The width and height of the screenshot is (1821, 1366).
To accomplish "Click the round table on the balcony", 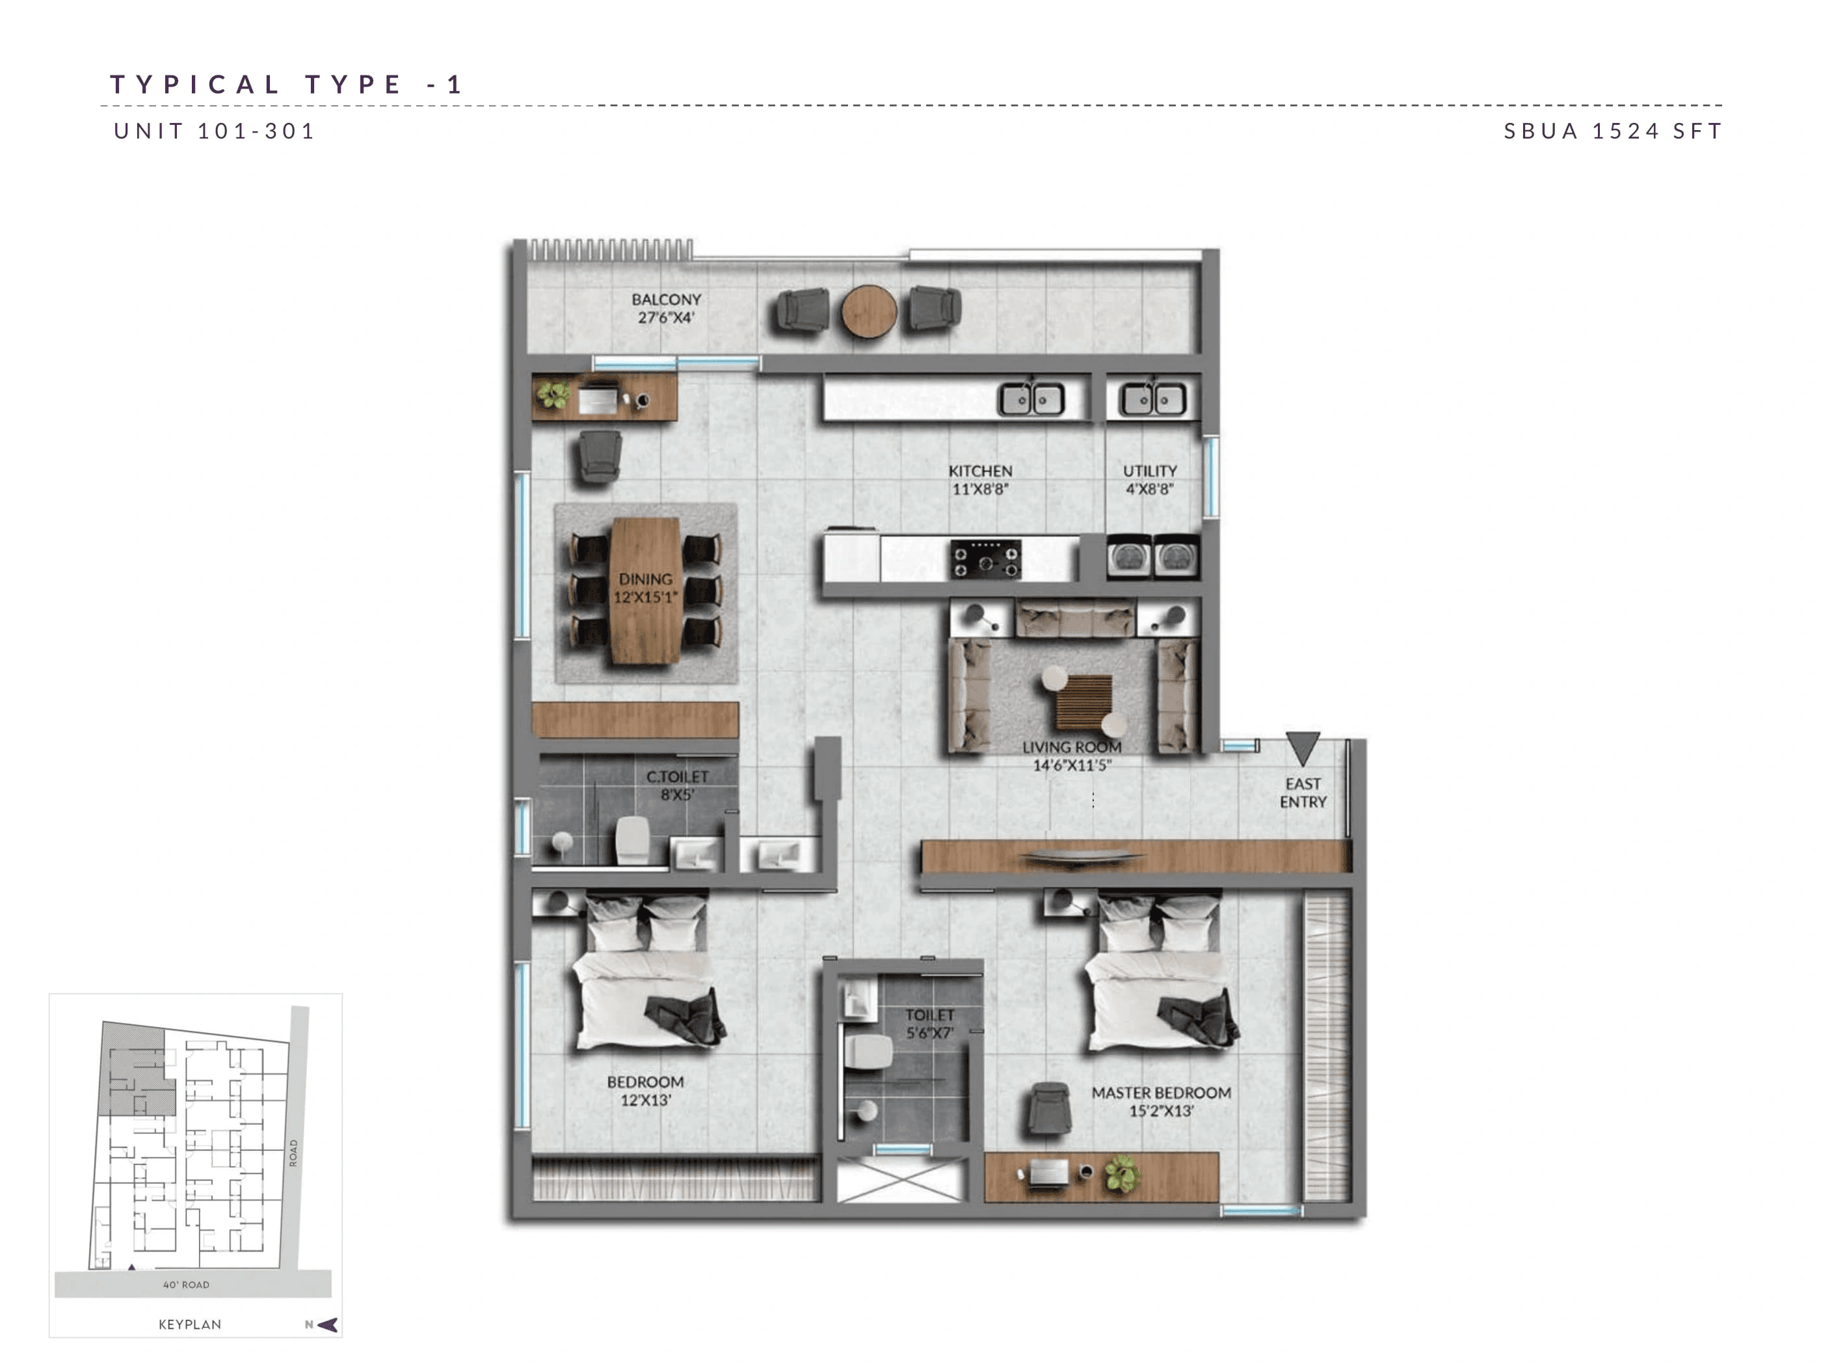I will (868, 311).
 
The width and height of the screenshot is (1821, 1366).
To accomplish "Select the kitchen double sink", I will (1031, 400).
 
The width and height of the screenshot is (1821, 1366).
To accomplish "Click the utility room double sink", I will (1152, 400).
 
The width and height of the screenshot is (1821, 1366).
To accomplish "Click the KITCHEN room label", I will (979, 471).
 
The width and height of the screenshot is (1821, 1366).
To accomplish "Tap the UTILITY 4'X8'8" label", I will (1149, 479).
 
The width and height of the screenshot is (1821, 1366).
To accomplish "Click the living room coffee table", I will (1083, 701).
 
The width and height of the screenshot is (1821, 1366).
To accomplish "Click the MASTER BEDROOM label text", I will (1161, 1093).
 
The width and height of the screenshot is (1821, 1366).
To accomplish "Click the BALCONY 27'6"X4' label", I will (666, 308).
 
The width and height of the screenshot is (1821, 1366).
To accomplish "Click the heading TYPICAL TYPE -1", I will (287, 84).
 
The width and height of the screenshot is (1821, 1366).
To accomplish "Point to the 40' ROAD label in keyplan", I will (186, 1285).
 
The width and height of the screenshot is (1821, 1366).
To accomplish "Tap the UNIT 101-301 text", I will (214, 131).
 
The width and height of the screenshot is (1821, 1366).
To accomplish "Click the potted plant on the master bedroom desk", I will (1121, 1173).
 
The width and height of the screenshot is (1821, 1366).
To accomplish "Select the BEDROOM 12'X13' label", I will (645, 1090).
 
